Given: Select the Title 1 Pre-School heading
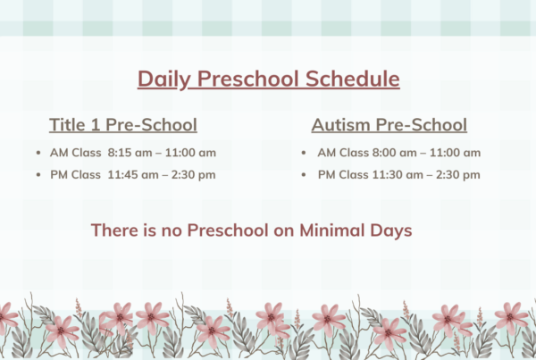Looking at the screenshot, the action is coord(123,124).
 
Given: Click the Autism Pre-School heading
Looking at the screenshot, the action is coord(389,124).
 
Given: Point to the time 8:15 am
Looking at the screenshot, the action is coord(130,153).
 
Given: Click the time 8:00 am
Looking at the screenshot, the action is coord(394,153).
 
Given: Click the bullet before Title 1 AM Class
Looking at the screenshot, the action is coord(38,153).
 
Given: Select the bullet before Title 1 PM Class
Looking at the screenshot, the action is coord(38,175).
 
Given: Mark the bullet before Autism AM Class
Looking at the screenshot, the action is coord(304,153).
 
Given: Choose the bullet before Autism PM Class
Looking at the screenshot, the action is coord(304,175).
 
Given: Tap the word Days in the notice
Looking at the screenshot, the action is coord(391,230).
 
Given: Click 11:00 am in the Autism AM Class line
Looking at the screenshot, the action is coord(455,153).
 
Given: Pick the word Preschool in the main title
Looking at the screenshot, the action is coord(247,79).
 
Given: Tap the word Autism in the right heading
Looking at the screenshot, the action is coord(341,124).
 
